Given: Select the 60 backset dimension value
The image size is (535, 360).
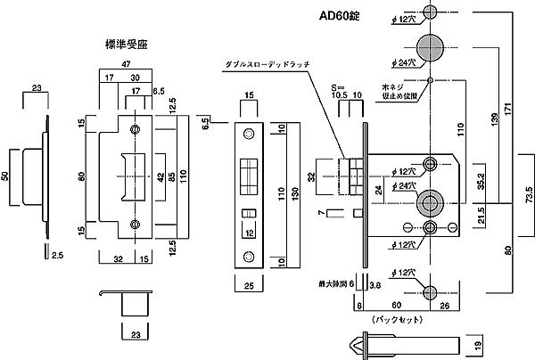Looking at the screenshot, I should click(396, 304).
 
